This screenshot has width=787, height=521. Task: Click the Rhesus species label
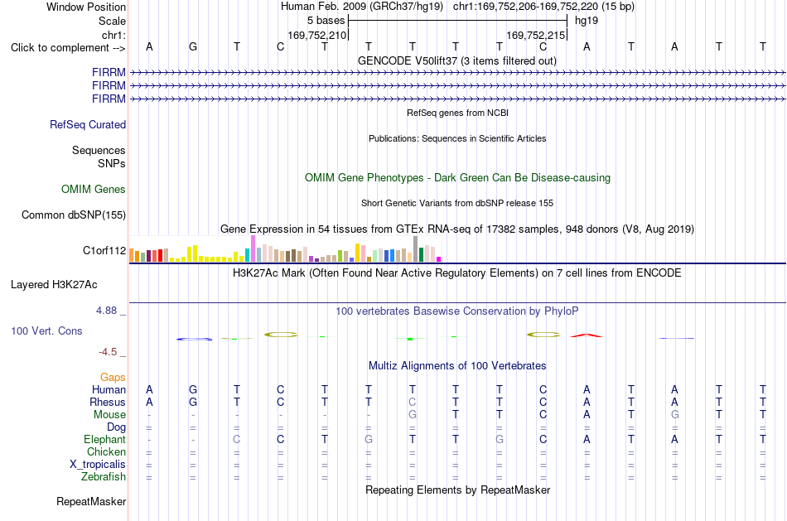click(108, 402)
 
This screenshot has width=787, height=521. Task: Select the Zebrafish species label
click(104, 476)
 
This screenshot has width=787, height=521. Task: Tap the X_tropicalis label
click(98, 465)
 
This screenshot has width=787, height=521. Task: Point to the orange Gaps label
click(113, 378)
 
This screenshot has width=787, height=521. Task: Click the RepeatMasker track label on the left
click(91, 501)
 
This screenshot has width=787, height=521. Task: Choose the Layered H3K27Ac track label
click(54, 285)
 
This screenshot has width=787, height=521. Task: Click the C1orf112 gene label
click(104, 250)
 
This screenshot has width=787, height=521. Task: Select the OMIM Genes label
click(94, 189)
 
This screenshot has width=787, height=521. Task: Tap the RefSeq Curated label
click(88, 124)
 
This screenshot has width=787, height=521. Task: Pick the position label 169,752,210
click(316, 35)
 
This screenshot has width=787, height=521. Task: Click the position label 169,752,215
click(535, 35)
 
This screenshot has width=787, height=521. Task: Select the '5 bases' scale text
click(326, 21)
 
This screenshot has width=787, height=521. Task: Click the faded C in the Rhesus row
click(412, 402)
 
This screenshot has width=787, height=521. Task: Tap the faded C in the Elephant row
click(237, 439)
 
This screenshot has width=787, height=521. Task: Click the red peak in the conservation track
click(587, 335)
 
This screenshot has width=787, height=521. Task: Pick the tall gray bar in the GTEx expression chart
click(416, 249)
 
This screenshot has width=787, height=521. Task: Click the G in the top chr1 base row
click(193, 46)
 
